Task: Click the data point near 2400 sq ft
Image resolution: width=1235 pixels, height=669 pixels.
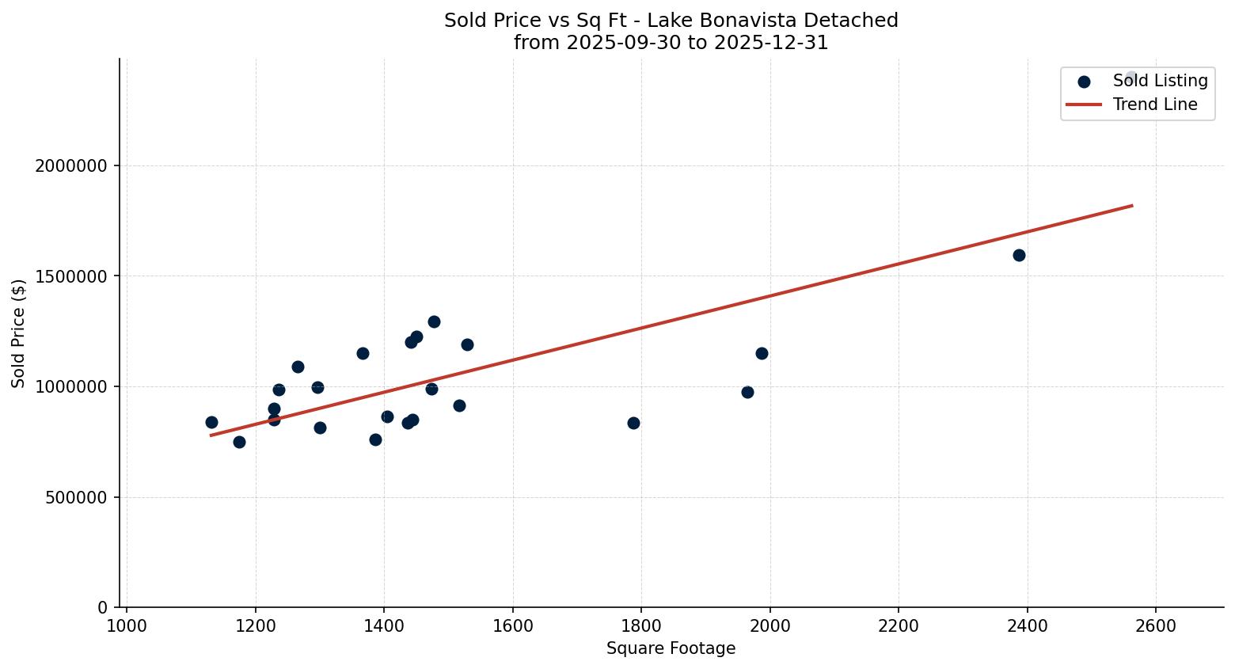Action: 1019,255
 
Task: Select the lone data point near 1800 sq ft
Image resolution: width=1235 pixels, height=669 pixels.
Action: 633,423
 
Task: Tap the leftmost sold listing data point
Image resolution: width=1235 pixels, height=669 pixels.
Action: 211,422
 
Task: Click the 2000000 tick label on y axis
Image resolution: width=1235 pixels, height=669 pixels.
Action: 71,166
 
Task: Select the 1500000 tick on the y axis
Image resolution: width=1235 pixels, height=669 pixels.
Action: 71,276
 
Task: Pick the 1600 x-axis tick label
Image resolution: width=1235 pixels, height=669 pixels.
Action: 512,626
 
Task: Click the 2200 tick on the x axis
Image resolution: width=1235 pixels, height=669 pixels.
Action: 899,626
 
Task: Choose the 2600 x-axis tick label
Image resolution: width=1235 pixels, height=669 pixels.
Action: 1156,626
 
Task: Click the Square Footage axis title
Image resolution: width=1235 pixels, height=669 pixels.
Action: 671,649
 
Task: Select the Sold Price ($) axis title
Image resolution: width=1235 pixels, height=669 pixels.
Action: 19,333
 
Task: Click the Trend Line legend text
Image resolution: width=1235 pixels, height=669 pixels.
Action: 1154,105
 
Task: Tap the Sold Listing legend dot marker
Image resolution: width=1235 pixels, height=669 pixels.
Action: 1084,81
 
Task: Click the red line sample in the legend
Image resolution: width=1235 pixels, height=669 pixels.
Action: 1084,105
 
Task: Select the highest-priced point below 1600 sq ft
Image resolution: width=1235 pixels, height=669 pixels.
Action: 434,321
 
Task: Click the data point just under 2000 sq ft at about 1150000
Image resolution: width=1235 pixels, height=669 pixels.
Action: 762,353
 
